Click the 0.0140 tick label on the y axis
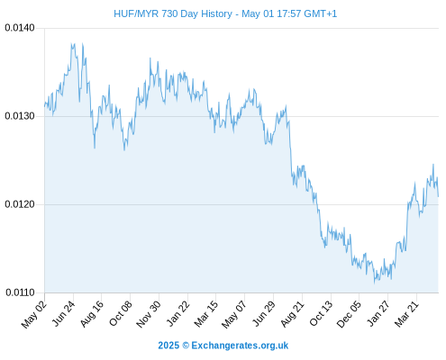pyautogui.click(x=20, y=28)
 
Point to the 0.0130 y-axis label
pyautogui.click(x=20, y=116)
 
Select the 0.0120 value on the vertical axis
pyautogui.click(x=20, y=204)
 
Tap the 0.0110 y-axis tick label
pyautogui.click(x=20, y=292)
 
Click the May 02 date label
pyautogui.click(x=34, y=314)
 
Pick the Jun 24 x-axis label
pyautogui.click(x=63, y=313)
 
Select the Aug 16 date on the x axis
pyautogui.click(x=92, y=314)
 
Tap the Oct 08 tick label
pyautogui.click(x=120, y=313)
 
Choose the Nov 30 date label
pyautogui.click(x=149, y=314)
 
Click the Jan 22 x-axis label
pyautogui.click(x=178, y=313)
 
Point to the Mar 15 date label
pyautogui.click(x=206, y=314)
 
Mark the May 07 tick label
pyautogui.click(x=234, y=314)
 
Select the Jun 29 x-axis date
pyautogui.click(x=264, y=313)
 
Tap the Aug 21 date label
pyautogui.click(x=292, y=314)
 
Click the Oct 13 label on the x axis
pyautogui.click(x=321, y=313)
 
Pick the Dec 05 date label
pyautogui.click(x=349, y=314)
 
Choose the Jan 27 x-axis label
pyautogui.click(x=378, y=313)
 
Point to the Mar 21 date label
pyautogui.click(x=406, y=314)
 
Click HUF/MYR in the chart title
pyautogui.click(x=136, y=13)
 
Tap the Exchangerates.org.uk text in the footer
pyautogui.click(x=240, y=346)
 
